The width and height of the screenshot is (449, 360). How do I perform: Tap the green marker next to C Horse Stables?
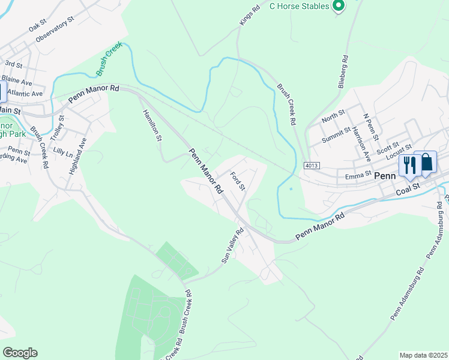(x=339, y=6)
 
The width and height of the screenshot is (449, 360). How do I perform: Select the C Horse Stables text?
(x=299, y=6)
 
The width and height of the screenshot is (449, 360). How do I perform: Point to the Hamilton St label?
(x=152, y=125)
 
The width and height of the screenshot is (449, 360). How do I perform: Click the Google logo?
(x=20, y=353)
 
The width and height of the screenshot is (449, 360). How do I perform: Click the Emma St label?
(x=357, y=177)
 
